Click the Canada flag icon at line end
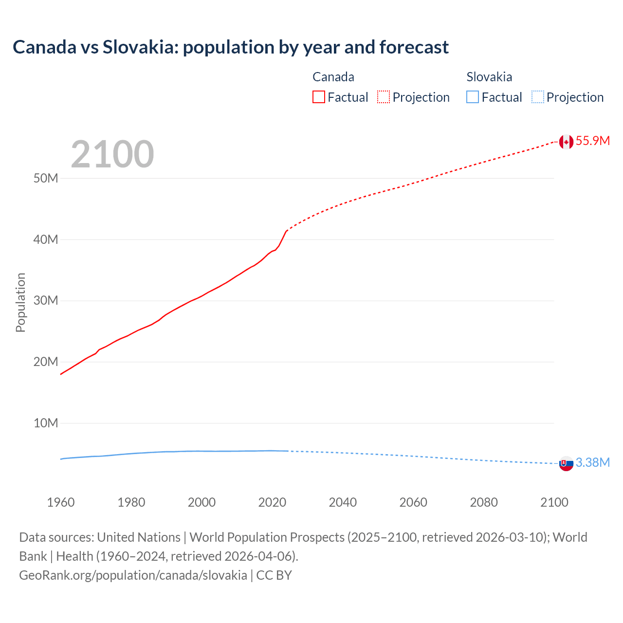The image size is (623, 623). [x=566, y=142]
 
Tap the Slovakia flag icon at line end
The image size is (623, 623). [x=566, y=464]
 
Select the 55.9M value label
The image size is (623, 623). [x=593, y=141]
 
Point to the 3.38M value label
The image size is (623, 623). [x=593, y=463]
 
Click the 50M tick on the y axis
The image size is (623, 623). [x=46, y=179]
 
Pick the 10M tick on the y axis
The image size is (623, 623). [x=46, y=423]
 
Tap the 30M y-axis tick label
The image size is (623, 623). [x=46, y=301]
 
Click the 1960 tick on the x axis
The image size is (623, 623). [x=61, y=503]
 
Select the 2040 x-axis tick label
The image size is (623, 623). [x=343, y=503]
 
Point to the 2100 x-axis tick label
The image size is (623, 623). [x=554, y=503]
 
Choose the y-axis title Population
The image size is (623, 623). [x=20, y=302]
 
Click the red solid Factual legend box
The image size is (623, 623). [x=319, y=97]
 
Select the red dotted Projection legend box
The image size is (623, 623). [x=384, y=97]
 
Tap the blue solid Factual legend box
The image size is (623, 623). [x=473, y=97]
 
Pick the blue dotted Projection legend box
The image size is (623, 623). [x=538, y=97]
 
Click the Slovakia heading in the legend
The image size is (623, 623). [x=489, y=77]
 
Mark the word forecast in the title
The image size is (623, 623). [x=414, y=47]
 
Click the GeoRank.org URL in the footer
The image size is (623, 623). [x=133, y=575]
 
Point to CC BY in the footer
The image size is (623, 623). [x=274, y=575]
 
